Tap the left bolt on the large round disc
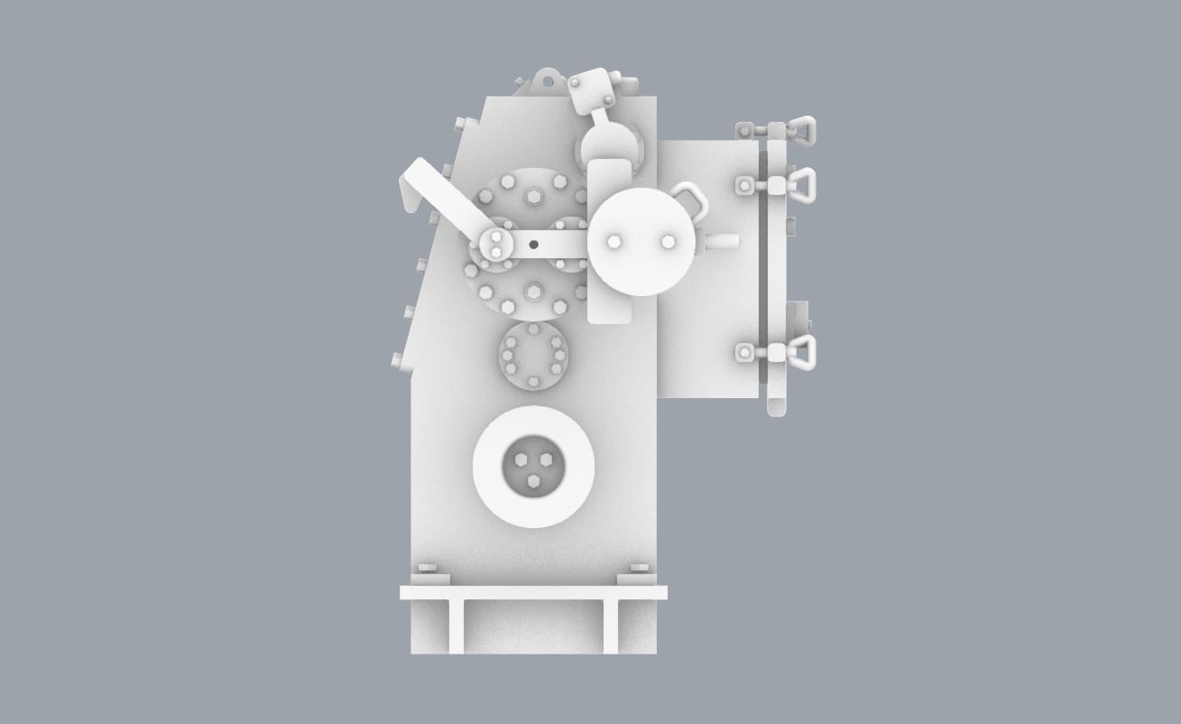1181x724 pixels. coord(614,242)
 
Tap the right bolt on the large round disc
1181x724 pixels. coord(668,242)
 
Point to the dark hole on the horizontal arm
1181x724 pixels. coord(533,244)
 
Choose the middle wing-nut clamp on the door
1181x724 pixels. coord(798,185)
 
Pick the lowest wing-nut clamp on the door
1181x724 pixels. coord(798,352)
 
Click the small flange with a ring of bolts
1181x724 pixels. coord(533,356)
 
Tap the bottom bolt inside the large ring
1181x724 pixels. coord(533,485)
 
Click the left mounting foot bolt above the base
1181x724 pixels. coord(428,569)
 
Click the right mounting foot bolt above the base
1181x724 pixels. coord(639,569)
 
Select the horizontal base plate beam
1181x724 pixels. coord(533,593)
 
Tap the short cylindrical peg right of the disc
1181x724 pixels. coord(724,242)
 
